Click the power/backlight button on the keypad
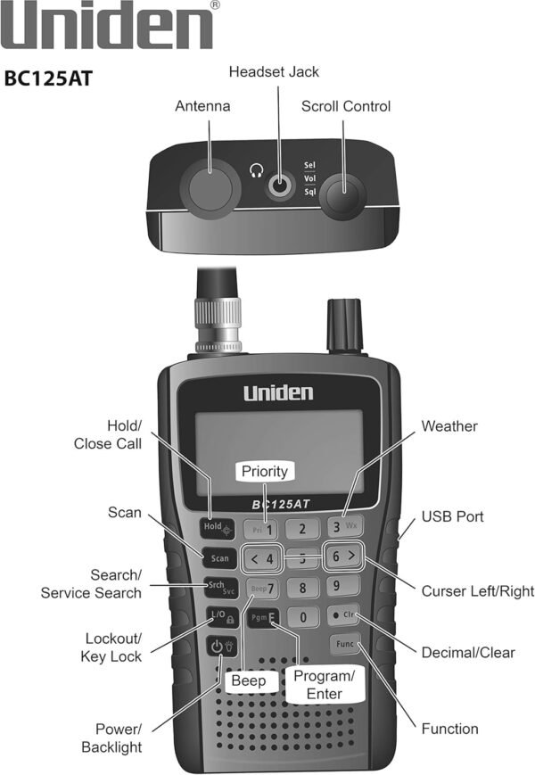(x=218, y=647)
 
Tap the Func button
(x=344, y=643)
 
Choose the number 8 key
(x=303, y=589)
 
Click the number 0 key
(x=303, y=617)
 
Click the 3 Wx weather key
(x=342, y=526)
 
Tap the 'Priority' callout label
(x=265, y=471)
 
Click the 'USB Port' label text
(x=454, y=516)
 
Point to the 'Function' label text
(x=450, y=729)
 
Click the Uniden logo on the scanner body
(x=278, y=392)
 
